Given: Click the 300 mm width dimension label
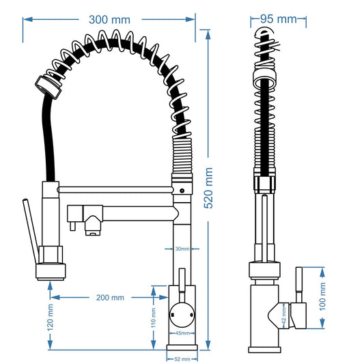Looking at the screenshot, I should pyautogui.click(x=109, y=19).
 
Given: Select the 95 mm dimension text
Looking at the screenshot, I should pyautogui.click(x=277, y=18).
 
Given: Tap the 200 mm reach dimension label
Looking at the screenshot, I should pyautogui.click(x=109, y=297).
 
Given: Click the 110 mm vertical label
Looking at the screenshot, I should pyautogui.click(x=154, y=318).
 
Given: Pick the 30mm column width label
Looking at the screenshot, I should pyautogui.click(x=182, y=249).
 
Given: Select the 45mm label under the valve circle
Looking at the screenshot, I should pyautogui.click(x=182, y=333).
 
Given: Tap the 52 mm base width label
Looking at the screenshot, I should pyautogui.click(x=182, y=358).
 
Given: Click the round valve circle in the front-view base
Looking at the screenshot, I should pyautogui.click(x=182, y=316).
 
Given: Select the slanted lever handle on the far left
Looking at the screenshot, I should pyautogui.click(x=29, y=232).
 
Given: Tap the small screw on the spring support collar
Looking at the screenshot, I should pyautogui.click(x=182, y=189).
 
